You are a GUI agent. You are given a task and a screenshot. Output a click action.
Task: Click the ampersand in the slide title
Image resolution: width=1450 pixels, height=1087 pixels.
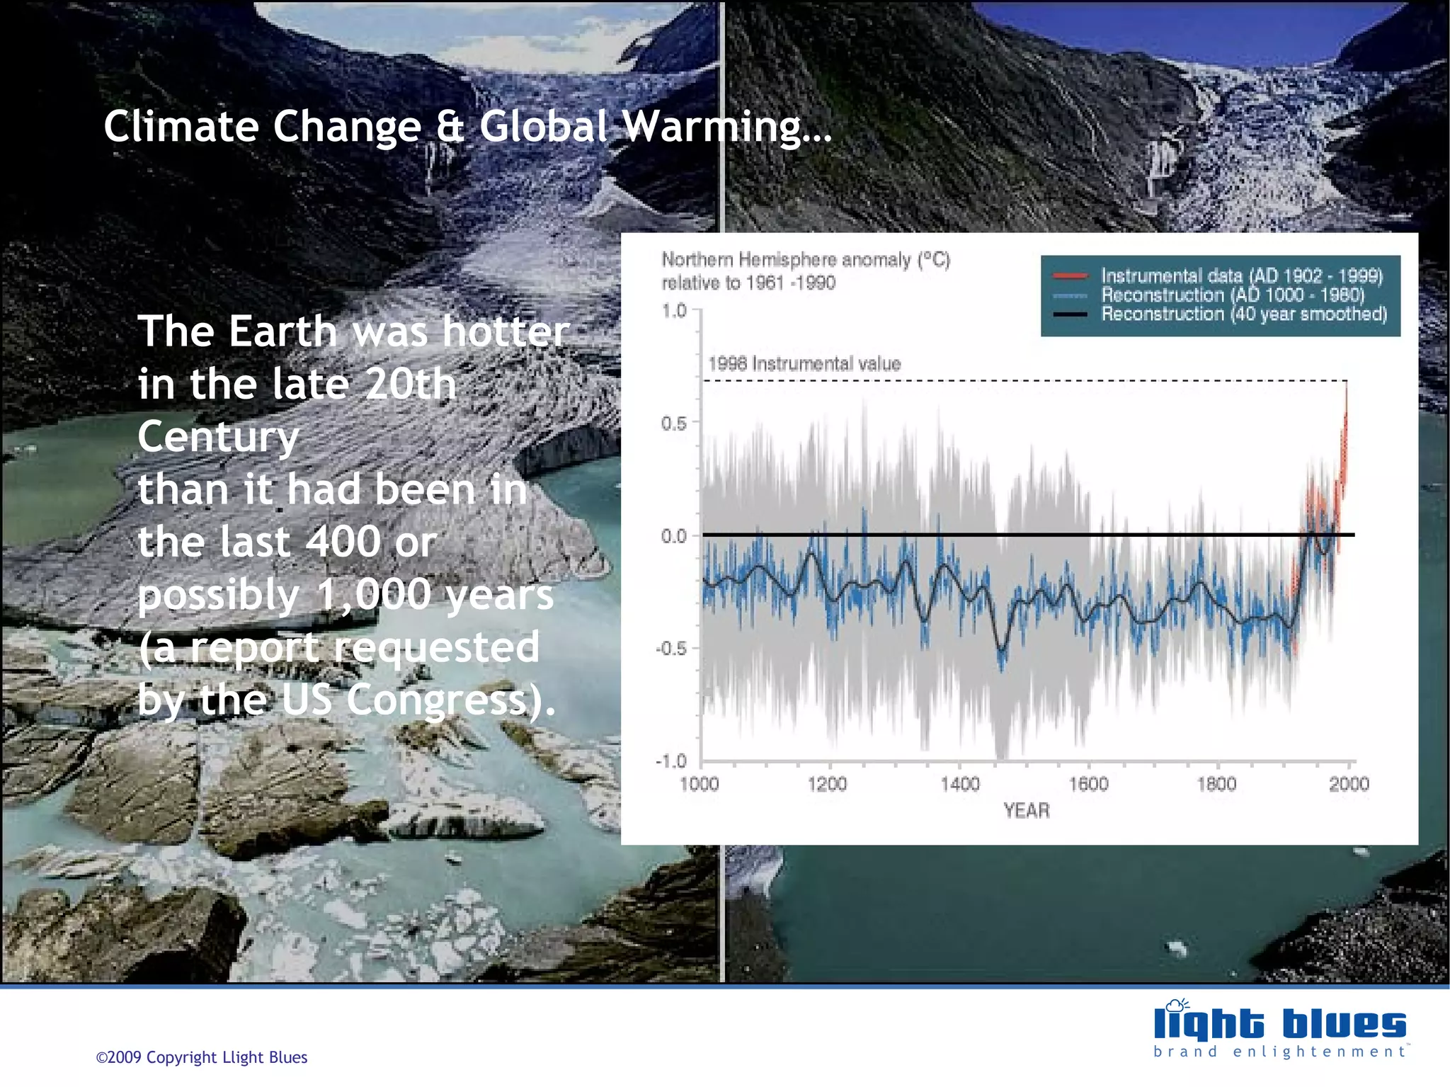coord(450,127)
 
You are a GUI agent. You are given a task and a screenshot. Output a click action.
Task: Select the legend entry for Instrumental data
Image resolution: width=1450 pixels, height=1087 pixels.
coord(1241,275)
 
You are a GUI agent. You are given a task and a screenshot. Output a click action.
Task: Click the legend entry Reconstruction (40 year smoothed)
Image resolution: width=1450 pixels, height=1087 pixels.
coord(1243,314)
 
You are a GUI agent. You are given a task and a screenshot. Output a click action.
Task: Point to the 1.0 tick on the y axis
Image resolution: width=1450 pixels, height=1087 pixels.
coord(674,310)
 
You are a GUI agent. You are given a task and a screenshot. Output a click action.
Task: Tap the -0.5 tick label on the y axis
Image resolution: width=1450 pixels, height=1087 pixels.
coord(671,648)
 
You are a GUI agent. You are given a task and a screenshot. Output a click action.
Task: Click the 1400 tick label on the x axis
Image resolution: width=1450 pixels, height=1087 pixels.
coord(959,784)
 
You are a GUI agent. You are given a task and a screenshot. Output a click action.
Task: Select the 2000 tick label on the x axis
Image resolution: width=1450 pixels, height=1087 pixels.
coord(1348,784)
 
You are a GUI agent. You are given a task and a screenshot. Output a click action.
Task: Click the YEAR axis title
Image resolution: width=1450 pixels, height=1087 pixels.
coord(1026,810)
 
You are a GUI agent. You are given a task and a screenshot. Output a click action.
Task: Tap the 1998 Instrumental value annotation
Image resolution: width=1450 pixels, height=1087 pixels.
coord(804,364)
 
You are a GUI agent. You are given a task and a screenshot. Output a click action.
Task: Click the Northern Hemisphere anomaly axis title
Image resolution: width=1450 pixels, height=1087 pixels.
coord(805,260)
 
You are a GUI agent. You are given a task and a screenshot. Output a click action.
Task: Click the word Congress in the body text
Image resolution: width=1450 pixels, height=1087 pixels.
coord(437,700)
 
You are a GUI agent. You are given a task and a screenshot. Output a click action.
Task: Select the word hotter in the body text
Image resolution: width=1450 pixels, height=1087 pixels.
coord(506,331)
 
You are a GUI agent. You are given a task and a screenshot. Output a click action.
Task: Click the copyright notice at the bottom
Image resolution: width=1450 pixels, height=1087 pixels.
coord(202,1057)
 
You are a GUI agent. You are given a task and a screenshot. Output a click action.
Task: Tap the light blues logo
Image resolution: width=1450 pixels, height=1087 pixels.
coord(1279,1023)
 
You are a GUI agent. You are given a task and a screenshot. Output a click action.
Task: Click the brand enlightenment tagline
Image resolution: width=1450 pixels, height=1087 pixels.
coord(1279,1052)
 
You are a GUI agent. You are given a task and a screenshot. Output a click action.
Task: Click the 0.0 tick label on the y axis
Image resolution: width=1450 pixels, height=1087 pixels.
coord(674,536)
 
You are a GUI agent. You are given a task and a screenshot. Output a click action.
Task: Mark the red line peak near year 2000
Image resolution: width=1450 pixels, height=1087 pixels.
coord(1346,386)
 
